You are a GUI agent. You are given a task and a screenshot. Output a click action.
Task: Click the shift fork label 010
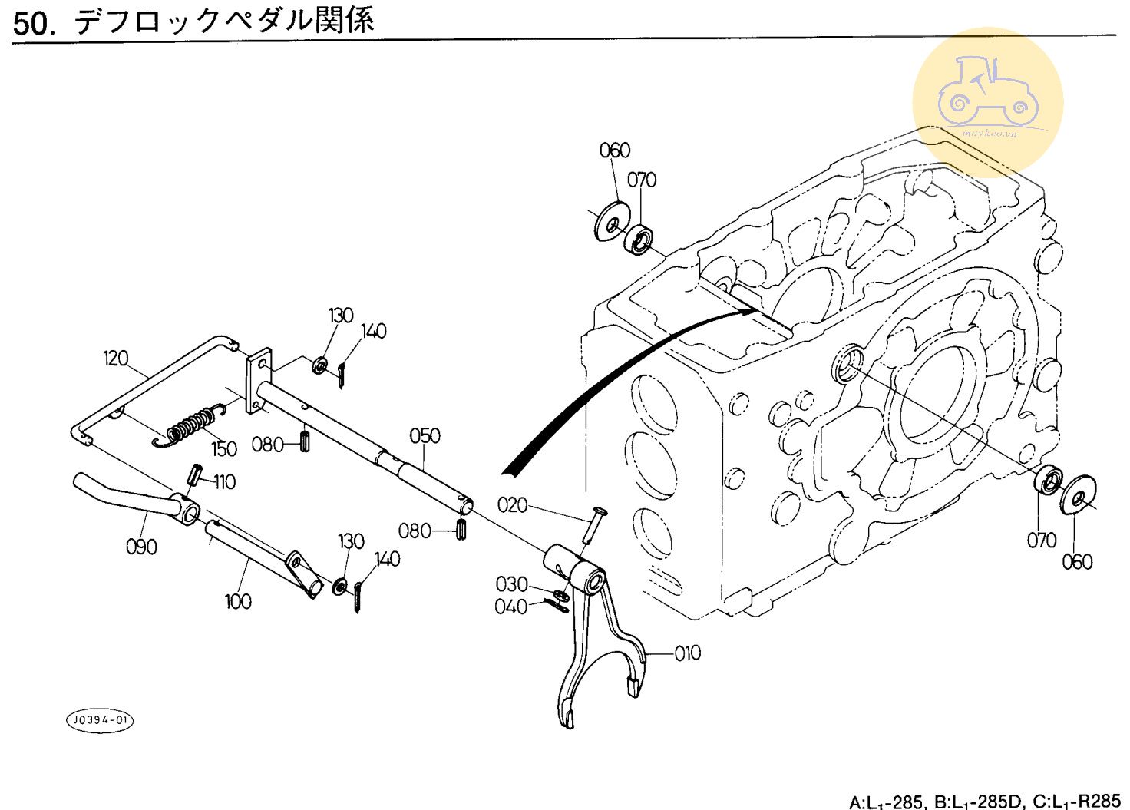(688, 653)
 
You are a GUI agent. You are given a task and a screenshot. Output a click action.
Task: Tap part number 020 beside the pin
(513, 505)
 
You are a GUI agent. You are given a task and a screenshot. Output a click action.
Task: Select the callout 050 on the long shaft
(425, 436)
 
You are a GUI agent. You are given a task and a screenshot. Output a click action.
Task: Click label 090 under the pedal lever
(141, 547)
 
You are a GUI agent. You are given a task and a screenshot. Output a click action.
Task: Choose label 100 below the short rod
(238, 601)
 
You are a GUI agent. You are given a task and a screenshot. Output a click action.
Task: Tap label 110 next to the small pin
(224, 482)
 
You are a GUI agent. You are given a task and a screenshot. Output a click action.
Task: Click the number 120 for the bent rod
(116, 359)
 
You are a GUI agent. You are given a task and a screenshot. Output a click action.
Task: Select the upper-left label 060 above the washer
(615, 150)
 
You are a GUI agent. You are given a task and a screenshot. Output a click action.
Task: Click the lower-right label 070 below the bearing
(1042, 541)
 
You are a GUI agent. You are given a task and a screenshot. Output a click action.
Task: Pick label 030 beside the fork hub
(512, 585)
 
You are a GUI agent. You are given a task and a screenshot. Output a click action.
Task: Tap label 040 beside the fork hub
(511, 607)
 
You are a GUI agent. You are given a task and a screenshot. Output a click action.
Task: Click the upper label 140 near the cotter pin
(374, 332)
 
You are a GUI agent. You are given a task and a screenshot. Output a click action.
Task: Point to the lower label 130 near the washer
(351, 541)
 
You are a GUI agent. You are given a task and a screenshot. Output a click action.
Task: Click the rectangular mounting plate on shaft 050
(259, 381)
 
